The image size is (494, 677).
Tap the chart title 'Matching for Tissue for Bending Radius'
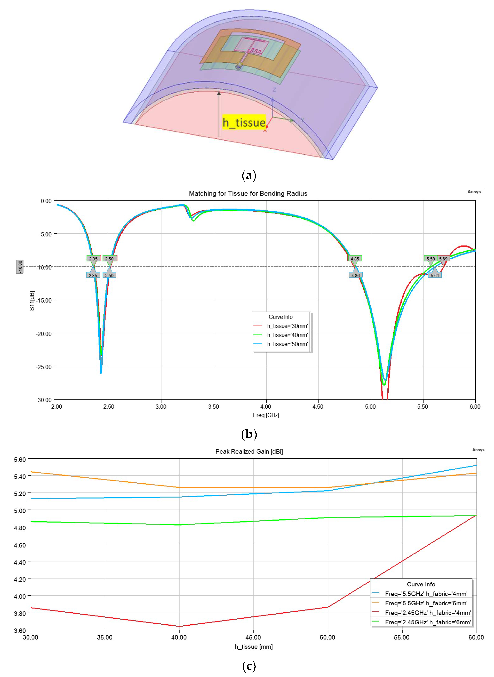pyautogui.click(x=248, y=194)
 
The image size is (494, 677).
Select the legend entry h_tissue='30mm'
pyautogui.click(x=287, y=326)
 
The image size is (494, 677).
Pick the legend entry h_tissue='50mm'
pyautogui.click(x=287, y=344)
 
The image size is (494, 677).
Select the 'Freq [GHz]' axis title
pyautogui.click(x=266, y=415)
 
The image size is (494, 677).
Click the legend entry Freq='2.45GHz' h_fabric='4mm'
pyautogui.click(x=428, y=612)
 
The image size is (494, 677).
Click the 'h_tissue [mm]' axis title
pyautogui.click(x=254, y=647)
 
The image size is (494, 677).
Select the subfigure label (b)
pyautogui.click(x=249, y=434)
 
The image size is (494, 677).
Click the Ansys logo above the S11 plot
pyautogui.click(x=474, y=192)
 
